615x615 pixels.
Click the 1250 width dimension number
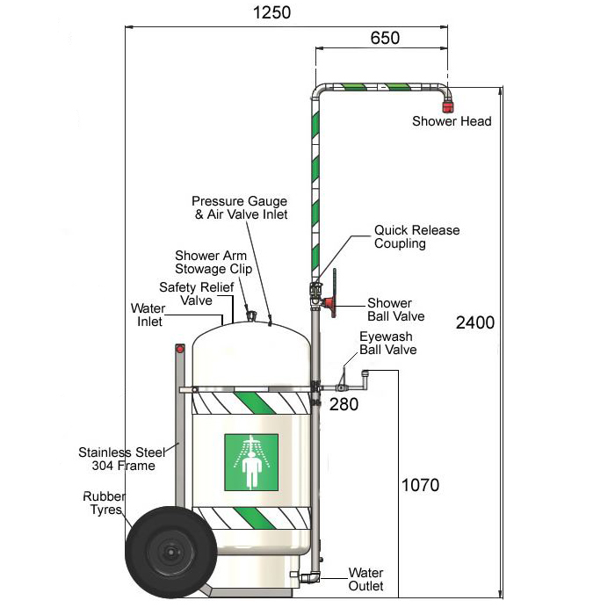[271, 12]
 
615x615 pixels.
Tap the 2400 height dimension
[475, 322]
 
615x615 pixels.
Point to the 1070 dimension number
[420, 485]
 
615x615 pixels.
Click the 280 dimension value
[344, 404]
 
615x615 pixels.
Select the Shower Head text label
[452, 121]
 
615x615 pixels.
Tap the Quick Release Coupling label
[416, 237]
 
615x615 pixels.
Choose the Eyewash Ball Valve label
[387, 343]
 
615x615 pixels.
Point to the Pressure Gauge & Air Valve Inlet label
[239, 207]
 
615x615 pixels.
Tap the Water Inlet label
[148, 315]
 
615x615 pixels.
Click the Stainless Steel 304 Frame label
[116, 459]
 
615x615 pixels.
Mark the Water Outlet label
[366, 579]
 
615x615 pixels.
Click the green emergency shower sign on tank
[251, 463]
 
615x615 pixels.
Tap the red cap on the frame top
[181, 350]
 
